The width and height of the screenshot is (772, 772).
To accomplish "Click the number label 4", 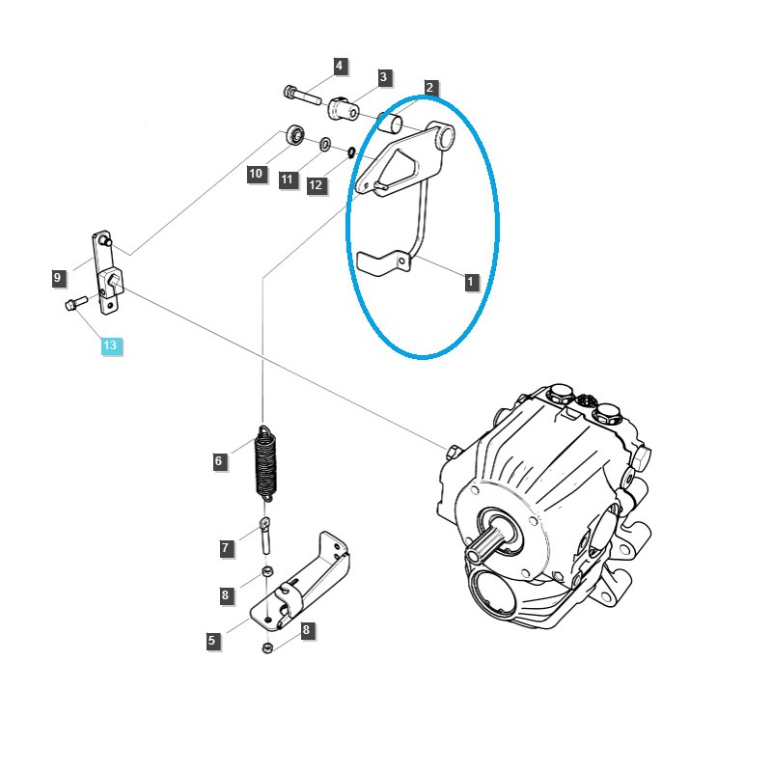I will coord(339,67).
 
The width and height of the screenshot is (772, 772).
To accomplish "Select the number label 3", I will coord(383,77).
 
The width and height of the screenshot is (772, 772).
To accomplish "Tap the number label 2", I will coord(430,88).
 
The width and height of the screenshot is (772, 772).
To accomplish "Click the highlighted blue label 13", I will coord(109,345).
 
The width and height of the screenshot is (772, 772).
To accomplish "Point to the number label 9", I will coord(58,278).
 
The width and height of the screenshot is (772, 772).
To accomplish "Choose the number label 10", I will coord(255,174).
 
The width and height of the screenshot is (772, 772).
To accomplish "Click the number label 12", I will coord(317,185).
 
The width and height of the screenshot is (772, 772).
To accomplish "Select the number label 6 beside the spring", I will coord(219,461).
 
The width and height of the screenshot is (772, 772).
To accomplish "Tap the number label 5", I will coord(212,640).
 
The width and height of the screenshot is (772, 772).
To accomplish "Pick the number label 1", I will coord(471,283).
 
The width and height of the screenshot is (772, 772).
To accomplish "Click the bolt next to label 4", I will coord(303,95).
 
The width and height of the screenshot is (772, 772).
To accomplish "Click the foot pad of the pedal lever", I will coord(379,262).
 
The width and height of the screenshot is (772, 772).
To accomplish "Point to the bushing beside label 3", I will coord(344,109).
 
